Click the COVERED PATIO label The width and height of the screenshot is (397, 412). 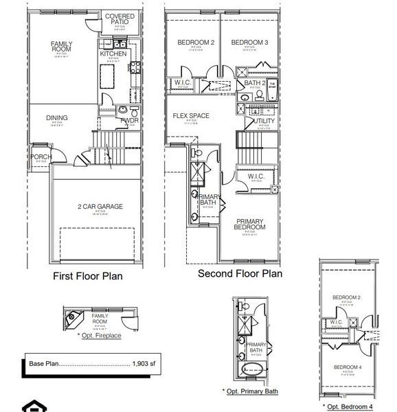tap(120, 19)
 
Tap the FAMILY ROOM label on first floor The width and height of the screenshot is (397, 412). tap(61, 47)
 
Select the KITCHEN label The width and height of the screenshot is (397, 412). tap(113, 54)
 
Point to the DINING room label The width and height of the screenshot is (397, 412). tap(57, 118)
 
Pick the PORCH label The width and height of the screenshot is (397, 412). tap(41, 157)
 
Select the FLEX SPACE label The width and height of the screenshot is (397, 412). tap(191, 115)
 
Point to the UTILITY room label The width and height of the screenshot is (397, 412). tap(264, 121)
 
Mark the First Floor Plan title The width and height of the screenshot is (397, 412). tap(88, 277)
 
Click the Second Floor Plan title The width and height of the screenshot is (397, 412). tap(240, 273)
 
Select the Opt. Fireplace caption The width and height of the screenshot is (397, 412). tap(100, 336)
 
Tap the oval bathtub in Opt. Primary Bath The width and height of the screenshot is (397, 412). tap(245, 368)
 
